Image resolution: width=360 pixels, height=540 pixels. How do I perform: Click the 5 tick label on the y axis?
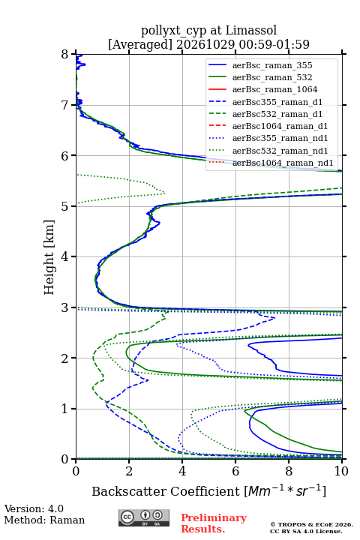pos(65,206)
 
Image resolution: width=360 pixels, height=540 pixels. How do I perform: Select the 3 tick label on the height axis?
pos(65,307)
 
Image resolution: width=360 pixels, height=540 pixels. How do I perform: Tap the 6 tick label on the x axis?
pos(235,471)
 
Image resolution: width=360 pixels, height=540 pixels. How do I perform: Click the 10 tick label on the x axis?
pos(341,471)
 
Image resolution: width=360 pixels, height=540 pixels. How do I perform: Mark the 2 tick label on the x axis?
pos(129,471)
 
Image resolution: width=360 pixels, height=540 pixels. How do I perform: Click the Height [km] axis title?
pos(49,257)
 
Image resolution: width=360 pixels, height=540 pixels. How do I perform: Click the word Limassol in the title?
pos(251,31)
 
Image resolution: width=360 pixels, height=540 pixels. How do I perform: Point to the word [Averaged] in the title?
pos(140,44)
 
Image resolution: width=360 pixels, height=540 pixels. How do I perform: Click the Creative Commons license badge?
pos(144,517)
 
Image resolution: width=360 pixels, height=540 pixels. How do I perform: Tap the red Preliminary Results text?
pos(214,523)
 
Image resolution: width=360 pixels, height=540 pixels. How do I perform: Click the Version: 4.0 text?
pos(34,508)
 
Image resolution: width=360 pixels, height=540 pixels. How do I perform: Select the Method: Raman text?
pos(44,520)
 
